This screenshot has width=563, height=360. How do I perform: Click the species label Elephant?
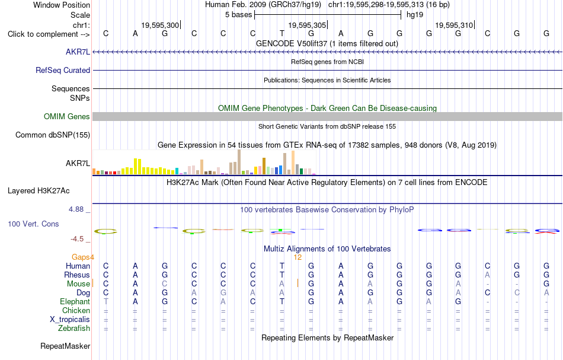(75, 302)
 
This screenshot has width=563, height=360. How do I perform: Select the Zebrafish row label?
(74, 329)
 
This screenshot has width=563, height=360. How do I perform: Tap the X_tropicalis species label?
(70, 320)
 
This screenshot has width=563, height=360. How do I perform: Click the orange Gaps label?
(81, 257)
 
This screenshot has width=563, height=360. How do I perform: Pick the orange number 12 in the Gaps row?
(298, 257)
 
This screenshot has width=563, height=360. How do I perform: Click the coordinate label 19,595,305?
(307, 25)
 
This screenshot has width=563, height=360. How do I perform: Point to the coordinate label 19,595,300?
(160, 25)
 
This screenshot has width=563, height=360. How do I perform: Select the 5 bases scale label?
(238, 15)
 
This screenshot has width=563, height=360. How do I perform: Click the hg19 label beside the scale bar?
(415, 15)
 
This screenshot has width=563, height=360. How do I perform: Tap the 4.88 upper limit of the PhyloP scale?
(76, 209)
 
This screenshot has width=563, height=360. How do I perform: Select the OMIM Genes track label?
(67, 116)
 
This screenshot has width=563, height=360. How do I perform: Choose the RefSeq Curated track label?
(63, 71)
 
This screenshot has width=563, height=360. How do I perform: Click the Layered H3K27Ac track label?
(39, 191)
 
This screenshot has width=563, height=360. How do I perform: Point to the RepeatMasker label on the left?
(65, 346)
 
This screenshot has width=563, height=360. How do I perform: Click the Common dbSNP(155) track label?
(53, 135)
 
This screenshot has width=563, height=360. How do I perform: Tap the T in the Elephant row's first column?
(105, 302)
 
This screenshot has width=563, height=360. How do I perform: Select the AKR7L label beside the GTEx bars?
(78, 164)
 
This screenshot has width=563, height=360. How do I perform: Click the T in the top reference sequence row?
(282, 33)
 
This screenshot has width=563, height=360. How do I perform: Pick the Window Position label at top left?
(62, 5)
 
